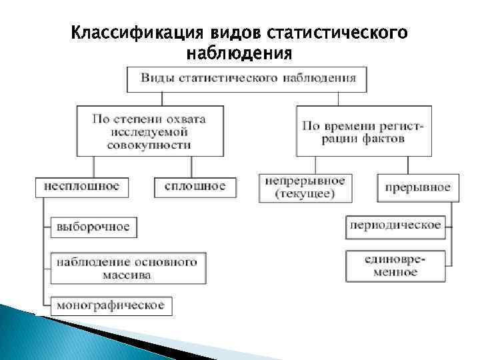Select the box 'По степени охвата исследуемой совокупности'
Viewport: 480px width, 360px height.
coord(149,131)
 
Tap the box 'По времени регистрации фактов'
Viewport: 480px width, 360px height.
coord(363,131)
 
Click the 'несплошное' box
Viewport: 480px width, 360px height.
coord(81,186)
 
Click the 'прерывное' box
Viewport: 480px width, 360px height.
coord(417,187)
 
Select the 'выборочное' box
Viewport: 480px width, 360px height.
coord(93,227)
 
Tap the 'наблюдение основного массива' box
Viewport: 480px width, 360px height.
coord(127,267)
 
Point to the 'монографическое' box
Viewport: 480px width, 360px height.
coord(111,305)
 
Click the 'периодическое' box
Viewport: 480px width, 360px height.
coord(395,225)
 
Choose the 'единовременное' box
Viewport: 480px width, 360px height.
coord(395,265)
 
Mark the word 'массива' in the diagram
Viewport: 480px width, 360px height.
coord(127,274)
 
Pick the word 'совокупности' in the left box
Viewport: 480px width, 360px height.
coord(149,144)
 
